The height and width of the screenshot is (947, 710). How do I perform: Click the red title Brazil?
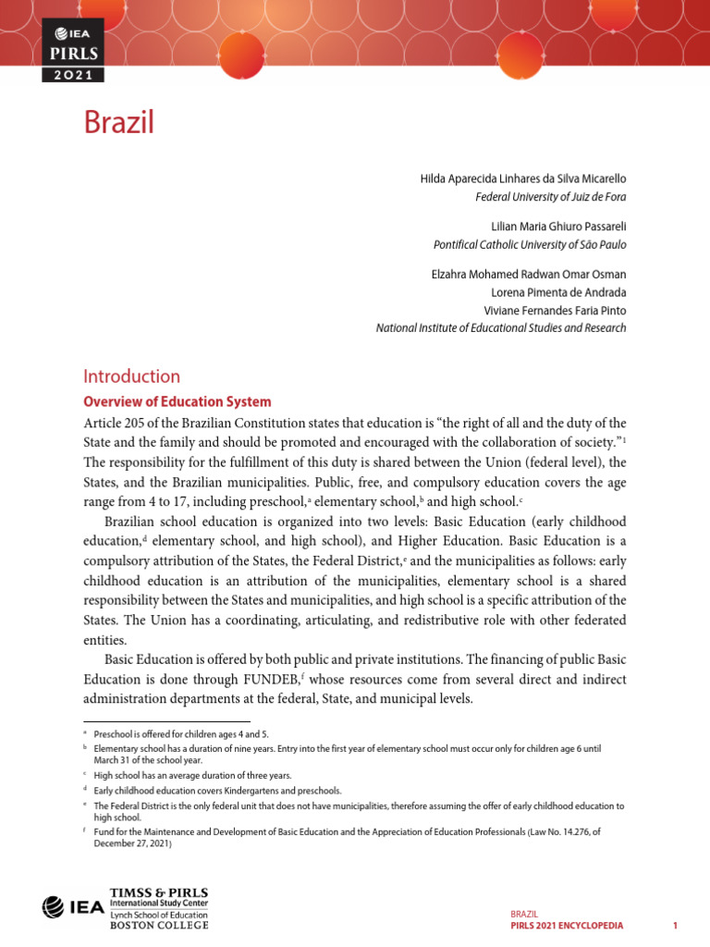(118, 122)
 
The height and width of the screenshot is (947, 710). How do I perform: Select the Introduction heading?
(131, 376)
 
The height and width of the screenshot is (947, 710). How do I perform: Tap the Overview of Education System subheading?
(177, 402)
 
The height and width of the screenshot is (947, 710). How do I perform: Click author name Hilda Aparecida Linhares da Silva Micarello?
(523, 178)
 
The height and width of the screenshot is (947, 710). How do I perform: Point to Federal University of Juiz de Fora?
(550, 196)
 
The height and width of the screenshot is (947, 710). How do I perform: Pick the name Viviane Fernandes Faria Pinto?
(555, 310)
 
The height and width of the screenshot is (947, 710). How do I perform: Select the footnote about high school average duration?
(192, 775)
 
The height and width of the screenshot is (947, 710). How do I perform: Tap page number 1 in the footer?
(676, 926)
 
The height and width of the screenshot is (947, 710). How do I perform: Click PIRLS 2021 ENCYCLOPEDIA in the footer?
(567, 926)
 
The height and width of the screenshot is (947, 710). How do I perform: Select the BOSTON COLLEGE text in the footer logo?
(159, 925)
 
